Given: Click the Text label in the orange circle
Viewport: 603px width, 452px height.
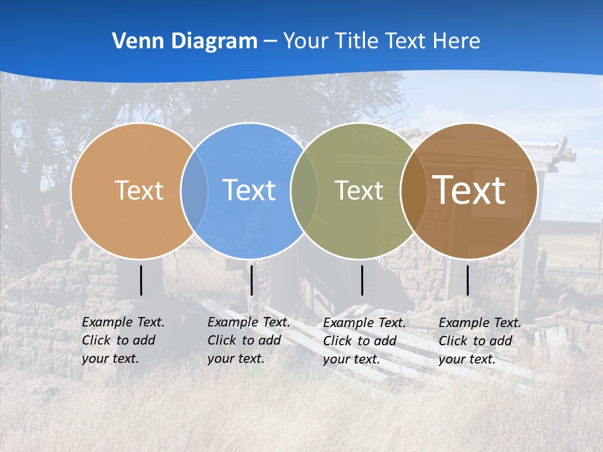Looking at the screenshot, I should (x=139, y=190).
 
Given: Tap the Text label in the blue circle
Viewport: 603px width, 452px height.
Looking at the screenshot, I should (x=249, y=190).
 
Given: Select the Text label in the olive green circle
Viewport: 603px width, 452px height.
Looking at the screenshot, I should (x=359, y=190).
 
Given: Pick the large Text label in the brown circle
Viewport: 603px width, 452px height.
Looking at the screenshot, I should (x=469, y=190).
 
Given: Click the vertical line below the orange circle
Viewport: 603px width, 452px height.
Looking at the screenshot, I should (x=141, y=280).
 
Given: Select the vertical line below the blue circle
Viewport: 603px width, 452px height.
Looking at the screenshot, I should (x=251, y=280).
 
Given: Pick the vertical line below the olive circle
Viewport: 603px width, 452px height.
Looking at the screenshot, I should (x=362, y=280).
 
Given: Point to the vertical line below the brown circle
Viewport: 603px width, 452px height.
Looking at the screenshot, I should (x=467, y=280).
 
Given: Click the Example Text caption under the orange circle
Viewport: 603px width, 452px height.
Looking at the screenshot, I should (x=123, y=340).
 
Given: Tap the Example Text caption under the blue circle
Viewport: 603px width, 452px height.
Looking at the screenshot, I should (x=249, y=340).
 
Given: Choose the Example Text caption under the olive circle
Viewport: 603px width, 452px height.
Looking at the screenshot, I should (x=364, y=341).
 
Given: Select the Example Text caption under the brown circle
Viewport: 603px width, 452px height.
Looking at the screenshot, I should (x=480, y=341).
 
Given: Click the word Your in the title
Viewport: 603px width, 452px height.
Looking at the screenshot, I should (x=306, y=41).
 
